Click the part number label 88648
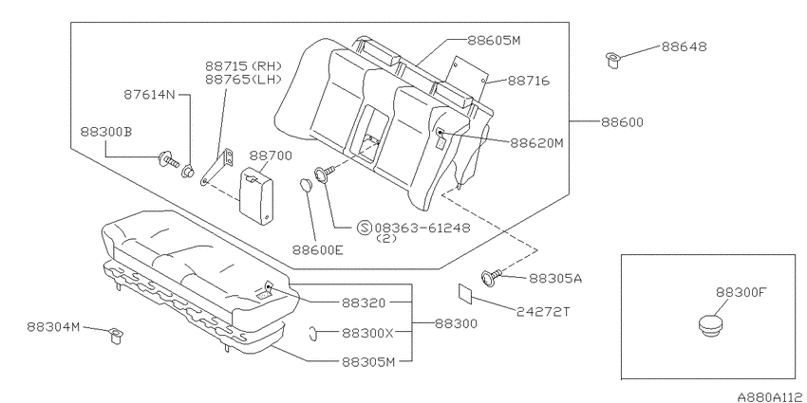684,46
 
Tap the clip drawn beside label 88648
612,60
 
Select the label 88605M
494,41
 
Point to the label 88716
529,81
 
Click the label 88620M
536,143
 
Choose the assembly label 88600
622,122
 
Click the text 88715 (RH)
244,66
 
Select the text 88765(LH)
243,80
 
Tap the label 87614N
150,95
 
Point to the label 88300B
106,132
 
